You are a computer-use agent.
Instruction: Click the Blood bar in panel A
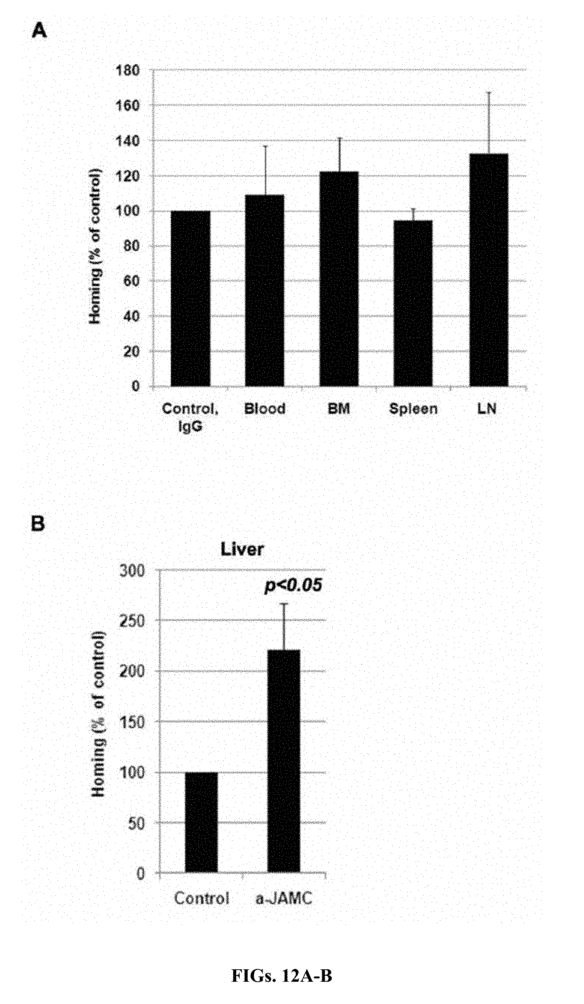tap(264, 290)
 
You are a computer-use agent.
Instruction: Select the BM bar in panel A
tap(339, 279)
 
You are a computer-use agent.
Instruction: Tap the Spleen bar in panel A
tap(413, 303)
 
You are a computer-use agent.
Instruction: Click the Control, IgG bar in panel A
tap(190, 299)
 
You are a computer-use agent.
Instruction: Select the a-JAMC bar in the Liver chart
tap(283, 760)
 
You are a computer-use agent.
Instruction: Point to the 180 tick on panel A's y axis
tap(127, 71)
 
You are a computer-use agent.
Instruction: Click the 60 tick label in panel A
tap(131, 281)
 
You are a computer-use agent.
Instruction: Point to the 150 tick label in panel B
tap(132, 721)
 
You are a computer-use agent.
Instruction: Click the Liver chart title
tap(242, 549)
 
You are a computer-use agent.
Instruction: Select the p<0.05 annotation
tap(293, 585)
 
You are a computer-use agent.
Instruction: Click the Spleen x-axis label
tap(413, 409)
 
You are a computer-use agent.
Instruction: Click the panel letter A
tap(39, 30)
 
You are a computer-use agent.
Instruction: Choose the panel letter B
tap(38, 524)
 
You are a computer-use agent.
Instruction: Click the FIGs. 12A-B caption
tap(281, 976)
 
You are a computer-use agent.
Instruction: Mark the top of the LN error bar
tap(489, 92)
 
